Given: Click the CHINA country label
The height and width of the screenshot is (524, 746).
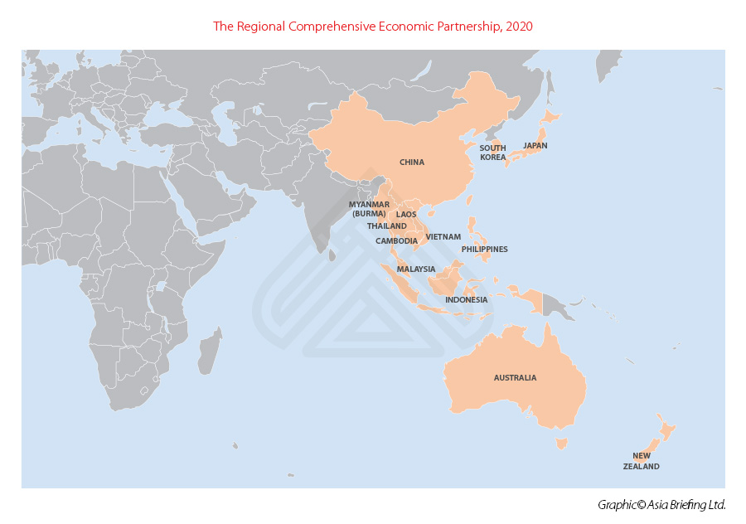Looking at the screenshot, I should pos(412,163).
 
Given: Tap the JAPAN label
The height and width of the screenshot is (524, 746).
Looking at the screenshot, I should pos(535,146).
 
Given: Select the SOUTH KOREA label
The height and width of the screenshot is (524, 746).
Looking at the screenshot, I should pos(492,153).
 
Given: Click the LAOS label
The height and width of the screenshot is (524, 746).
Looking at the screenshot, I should pos(406,215).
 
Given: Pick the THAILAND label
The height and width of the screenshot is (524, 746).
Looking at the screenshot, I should pos(387,226).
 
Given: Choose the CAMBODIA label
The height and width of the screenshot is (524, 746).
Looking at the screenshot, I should pos(396,241).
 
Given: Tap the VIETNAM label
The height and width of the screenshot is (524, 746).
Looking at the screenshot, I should pos(443,237).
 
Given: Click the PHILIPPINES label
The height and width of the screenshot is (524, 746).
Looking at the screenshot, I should pos(485,250).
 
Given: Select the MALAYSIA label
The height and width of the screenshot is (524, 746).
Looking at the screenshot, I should pos(416,269).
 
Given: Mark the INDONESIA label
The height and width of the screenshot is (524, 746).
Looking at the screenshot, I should pos(466,300).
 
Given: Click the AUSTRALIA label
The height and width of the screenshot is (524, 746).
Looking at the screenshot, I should pos(515,378).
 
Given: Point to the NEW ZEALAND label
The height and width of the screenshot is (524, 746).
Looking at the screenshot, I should pos(642,461).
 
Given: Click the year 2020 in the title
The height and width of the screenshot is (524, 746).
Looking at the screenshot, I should pos(519,27).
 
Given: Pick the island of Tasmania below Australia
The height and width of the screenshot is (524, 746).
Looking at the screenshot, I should pos(561,444).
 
